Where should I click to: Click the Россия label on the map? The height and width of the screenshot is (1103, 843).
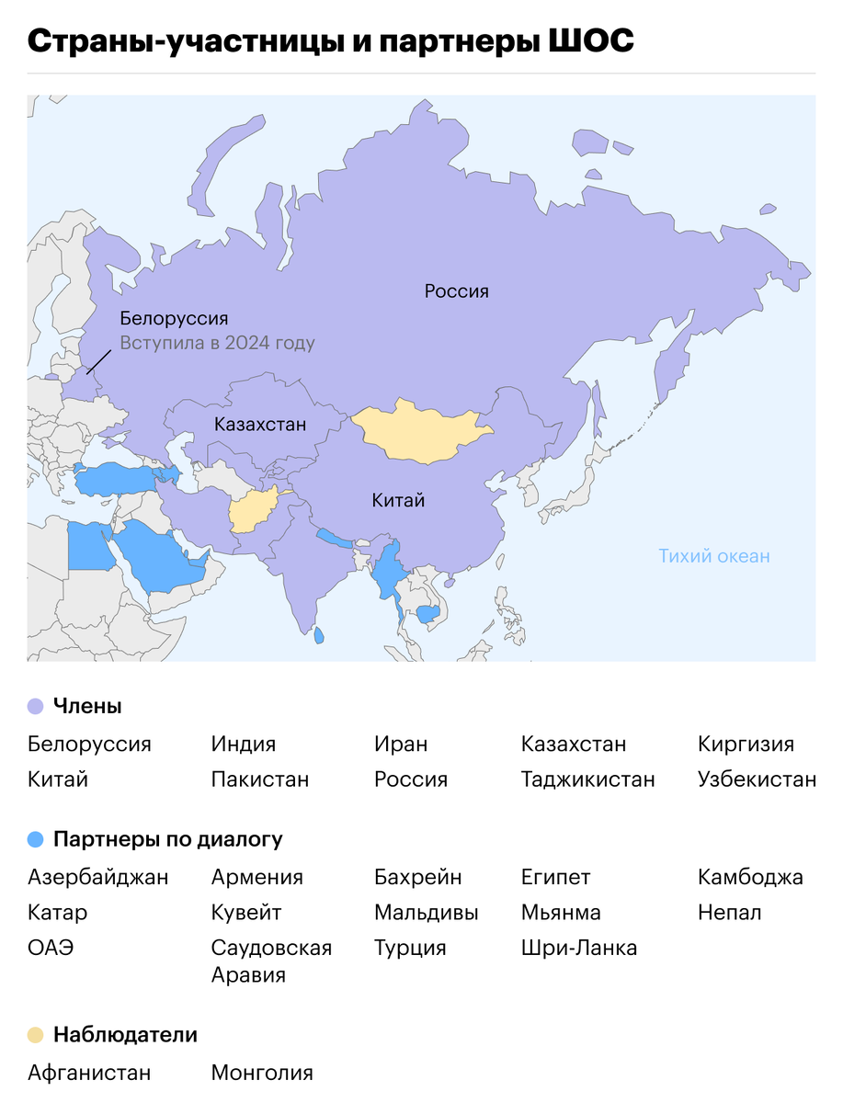coord(456,291)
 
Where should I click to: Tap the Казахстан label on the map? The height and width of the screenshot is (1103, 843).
coord(260,425)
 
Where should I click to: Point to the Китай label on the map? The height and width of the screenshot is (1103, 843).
coord(398,501)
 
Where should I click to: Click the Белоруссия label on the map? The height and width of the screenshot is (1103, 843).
coord(174,319)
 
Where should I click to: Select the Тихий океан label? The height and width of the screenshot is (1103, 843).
coord(714,556)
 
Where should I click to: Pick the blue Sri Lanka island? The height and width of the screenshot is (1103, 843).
coord(319,635)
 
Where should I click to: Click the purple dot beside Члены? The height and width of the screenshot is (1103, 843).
coord(36,707)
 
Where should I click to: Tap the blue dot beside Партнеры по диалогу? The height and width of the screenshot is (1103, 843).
coord(36,839)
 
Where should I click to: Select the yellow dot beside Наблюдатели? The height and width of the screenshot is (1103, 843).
coord(36,1035)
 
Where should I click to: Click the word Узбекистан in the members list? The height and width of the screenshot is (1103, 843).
coord(757,779)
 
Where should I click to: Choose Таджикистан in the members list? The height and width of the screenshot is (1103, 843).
coord(587,779)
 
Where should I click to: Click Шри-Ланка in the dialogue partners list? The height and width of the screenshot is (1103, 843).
coord(578,948)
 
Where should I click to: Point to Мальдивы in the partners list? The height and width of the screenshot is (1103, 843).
coord(426,913)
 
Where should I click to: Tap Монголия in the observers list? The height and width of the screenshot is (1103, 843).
coord(262,1073)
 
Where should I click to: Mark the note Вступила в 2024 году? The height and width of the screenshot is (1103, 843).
coord(217,344)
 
